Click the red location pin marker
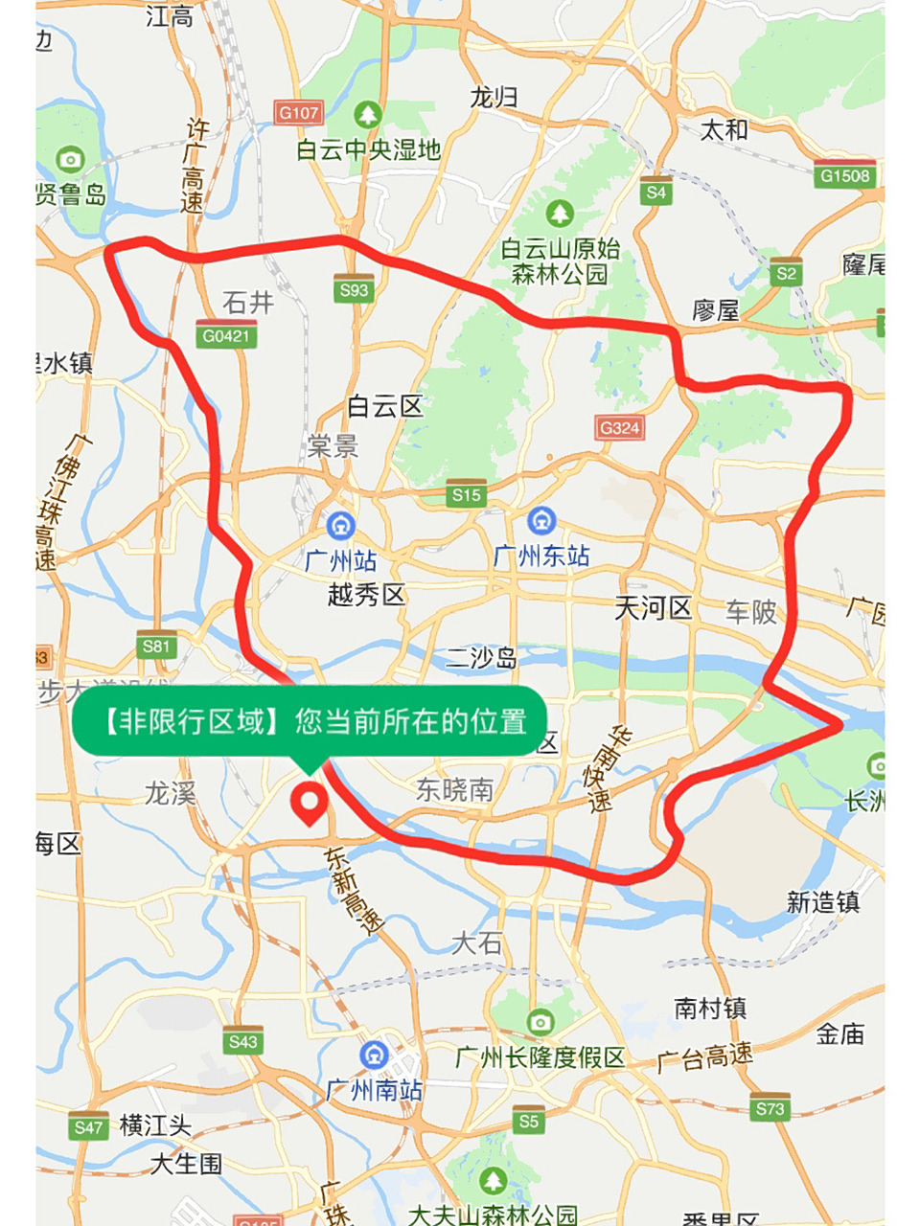coord(309,803)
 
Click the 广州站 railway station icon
coord(340,526)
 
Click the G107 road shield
coord(298,112)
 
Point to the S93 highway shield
coord(354,288)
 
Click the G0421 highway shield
coord(226,334)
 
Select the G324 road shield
coord(619,426)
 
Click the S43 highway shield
coord(242,1040)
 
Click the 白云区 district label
coord(385,407)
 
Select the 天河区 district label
coord(654,607)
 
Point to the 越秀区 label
coord(366,595)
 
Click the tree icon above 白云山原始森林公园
coord(560,214)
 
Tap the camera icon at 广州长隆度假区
coord(540,1022)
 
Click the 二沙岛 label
coord(481,658)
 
